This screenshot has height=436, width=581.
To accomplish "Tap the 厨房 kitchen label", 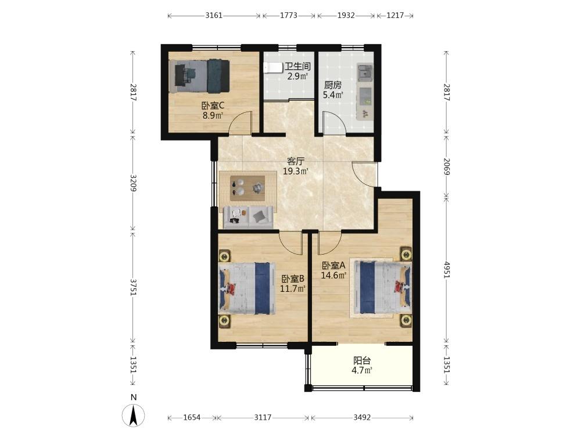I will (333, 84).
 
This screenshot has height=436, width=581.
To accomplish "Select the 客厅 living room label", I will (296, 162).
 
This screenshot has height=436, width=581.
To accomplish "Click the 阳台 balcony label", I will (362, 360).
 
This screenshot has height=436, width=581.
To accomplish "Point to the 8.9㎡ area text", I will (213, 115).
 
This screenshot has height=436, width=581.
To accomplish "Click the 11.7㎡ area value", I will (293, 288).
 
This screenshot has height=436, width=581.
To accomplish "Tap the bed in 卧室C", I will (199, 76).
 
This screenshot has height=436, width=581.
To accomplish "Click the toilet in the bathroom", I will (271, 68).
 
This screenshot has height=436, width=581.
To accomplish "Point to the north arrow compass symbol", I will (134, 414).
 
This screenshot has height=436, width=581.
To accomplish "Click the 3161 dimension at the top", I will (214, 15).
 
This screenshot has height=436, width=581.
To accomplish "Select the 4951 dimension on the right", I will (446, 269).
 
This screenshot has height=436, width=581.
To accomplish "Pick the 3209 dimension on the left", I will (133, 183).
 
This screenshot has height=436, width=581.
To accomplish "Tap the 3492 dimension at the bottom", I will (362, 417).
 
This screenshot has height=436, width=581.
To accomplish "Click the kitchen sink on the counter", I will (365, 72).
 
